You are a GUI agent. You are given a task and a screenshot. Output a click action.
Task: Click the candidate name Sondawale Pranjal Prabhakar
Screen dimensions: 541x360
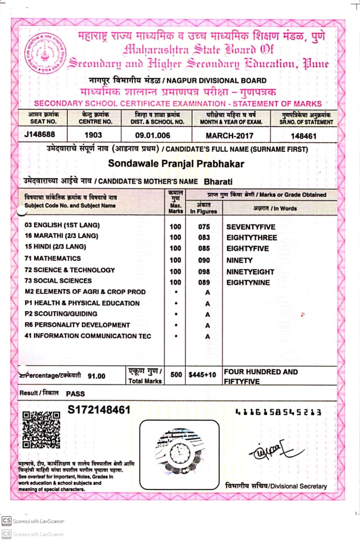click(x=176, y=163)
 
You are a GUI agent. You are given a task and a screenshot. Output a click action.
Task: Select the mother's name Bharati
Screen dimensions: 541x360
click(x=218, y=182)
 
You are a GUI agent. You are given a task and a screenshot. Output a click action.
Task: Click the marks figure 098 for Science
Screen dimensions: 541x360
click(x=204, y=272)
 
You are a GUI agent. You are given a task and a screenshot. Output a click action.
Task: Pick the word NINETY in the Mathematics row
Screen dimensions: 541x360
click(x=239, y=260)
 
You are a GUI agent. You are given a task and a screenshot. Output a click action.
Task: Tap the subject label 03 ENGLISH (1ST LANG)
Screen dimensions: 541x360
click(x=63, y=226)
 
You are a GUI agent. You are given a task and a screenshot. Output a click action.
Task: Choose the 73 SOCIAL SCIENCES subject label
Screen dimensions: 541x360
click(x=58, y=281)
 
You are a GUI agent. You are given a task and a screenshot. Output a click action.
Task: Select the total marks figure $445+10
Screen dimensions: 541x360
click(x=202, y=374)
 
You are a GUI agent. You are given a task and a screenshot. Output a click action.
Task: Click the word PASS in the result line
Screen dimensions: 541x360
click(x=75, y=393)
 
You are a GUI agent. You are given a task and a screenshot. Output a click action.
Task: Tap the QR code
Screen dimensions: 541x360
click(x=41, y=430)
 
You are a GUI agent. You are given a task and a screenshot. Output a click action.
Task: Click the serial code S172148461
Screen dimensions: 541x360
click(x=99, y=410)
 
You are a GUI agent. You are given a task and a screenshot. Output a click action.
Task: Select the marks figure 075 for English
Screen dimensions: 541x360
click(x=204, y=227)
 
